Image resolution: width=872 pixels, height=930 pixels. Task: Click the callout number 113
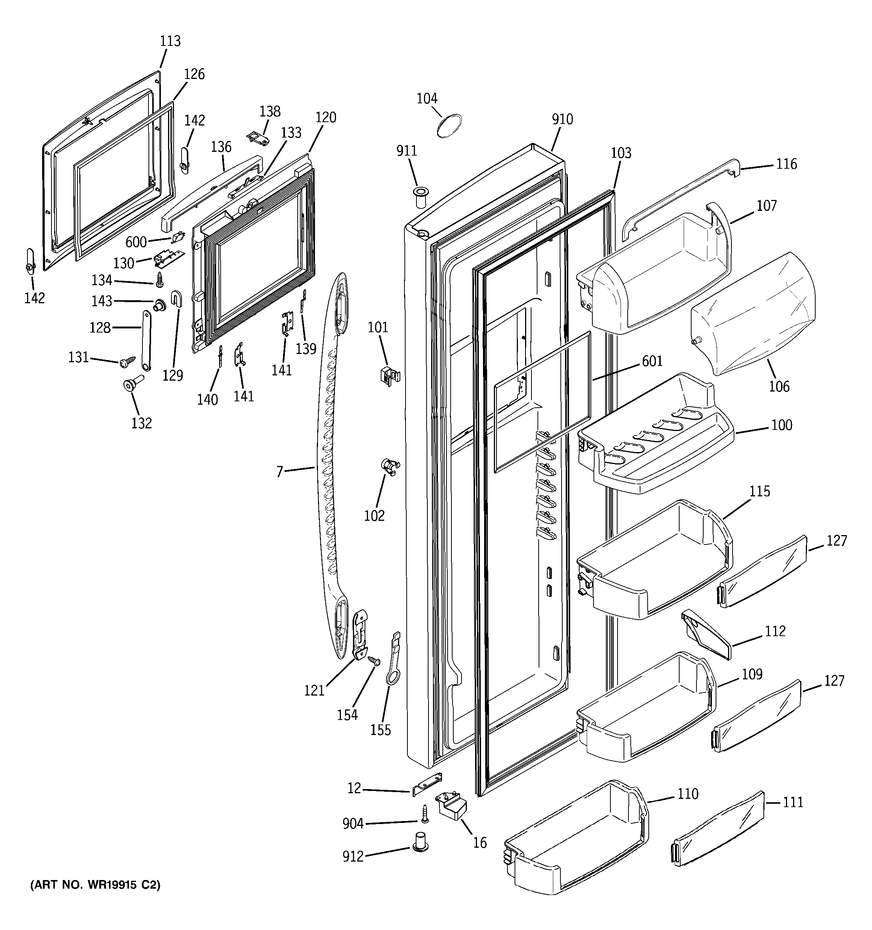170,41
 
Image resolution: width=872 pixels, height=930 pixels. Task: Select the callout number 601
652,361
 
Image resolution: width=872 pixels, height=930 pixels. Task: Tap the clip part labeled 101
389,375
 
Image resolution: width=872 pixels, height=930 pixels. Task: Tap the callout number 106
779,386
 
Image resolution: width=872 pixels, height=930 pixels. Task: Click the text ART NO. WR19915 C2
95,885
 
